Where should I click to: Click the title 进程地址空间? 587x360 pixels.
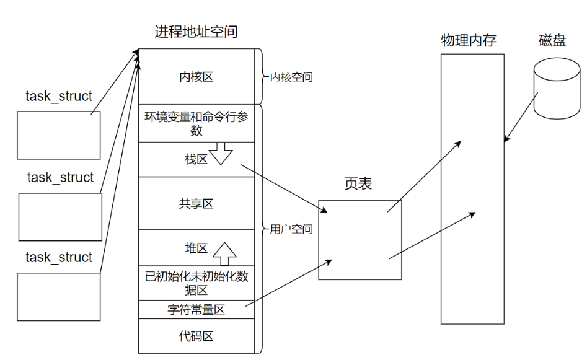(196, 32)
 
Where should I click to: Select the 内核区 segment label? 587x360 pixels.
(196, 77)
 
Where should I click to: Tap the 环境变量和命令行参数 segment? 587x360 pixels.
(196, 123)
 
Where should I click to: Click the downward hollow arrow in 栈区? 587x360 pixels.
(221, 154)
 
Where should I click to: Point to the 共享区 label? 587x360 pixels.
(196, 204)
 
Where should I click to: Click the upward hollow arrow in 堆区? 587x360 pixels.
(224, 254)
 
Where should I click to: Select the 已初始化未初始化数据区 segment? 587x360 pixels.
(196, 283)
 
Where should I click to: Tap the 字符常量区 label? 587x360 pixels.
(196, 310)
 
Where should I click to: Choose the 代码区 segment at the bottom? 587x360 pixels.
(196, 336)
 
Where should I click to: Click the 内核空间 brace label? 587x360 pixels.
(291, 77)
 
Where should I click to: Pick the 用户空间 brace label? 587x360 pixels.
(291, 229)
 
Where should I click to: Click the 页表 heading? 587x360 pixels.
(358, 184)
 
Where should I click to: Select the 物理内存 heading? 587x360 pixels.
(469, 40)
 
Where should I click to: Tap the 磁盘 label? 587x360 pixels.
(552, 40)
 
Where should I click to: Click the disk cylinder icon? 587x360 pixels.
(557, 89)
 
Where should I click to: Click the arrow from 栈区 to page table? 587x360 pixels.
(284, 188)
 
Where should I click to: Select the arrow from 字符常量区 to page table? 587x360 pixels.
(289, 283)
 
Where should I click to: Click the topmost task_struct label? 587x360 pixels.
(59, 97)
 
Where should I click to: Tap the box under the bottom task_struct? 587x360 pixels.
(59, 297)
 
